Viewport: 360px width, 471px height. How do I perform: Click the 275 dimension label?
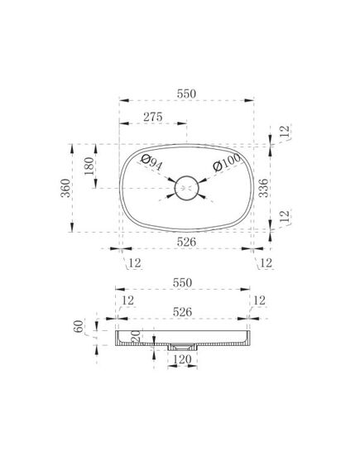pos(152,117)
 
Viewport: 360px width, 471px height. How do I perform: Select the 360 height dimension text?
pos(65,188)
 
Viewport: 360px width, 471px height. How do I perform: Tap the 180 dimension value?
pos(89,166)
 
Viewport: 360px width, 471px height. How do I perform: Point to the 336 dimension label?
pos(263,188)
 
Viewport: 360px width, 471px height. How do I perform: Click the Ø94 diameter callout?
pos(152,162)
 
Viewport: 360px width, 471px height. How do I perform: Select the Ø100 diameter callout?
pos(227,162)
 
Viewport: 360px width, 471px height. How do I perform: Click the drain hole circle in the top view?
pos(187,188)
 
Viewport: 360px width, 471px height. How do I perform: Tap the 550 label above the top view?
pos(186,94)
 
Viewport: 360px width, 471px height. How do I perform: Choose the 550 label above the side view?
pos(182,282)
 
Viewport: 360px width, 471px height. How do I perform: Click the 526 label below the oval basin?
pos(186,242)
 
